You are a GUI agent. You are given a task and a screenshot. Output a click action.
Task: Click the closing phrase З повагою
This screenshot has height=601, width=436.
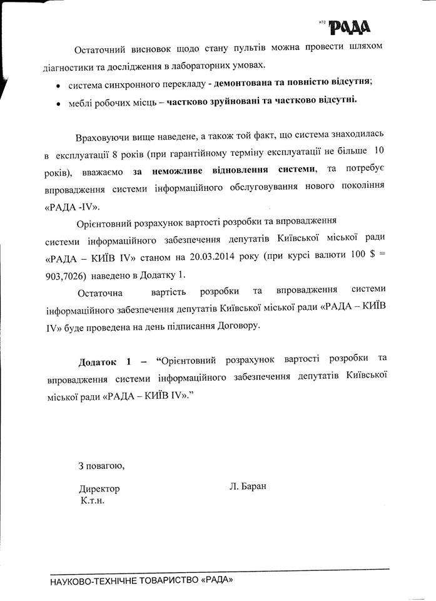[x=96, y=466]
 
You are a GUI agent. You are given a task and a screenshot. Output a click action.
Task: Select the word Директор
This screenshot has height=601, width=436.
[x=99, y=489]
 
